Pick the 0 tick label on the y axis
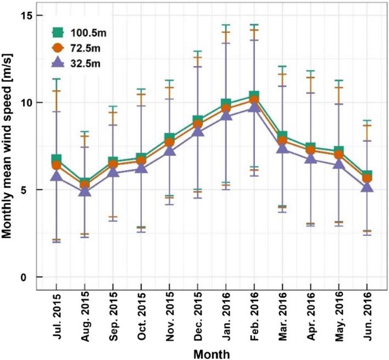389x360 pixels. pyautogui.click(x=24, y=277)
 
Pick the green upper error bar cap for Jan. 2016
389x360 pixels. pyautogui.click(x=226, y=25)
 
